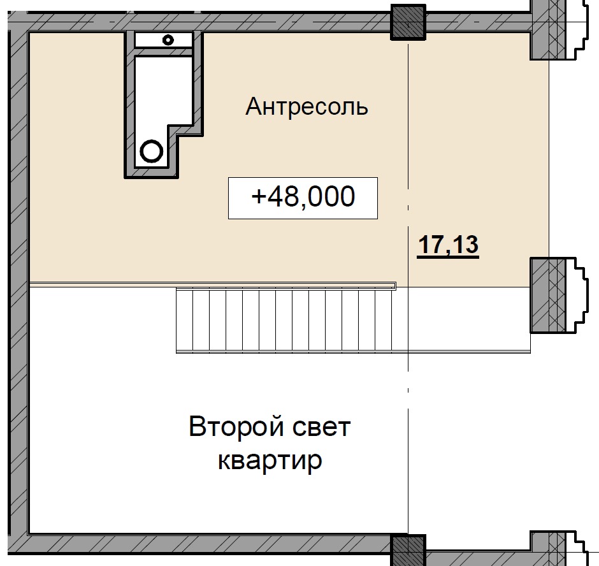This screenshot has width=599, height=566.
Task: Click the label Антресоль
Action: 307,106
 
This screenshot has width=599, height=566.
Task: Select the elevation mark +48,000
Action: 303,198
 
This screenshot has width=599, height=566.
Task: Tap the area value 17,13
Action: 448,245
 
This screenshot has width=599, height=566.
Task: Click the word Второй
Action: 231,426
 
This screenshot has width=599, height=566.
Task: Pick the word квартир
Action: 270,460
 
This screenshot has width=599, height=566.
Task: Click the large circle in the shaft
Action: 152,152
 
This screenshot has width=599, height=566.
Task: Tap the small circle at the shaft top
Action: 168,40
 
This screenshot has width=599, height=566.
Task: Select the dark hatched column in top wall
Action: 407,22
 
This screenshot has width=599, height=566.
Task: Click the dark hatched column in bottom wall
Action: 407,549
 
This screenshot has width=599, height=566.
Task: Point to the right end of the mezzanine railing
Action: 394,286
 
